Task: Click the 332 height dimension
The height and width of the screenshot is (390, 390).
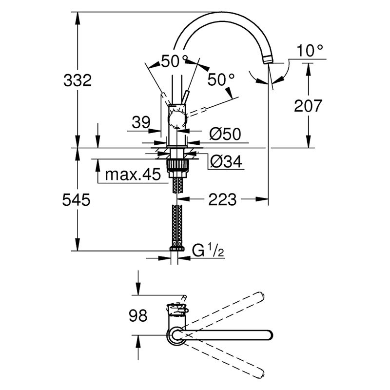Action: click(78, 80)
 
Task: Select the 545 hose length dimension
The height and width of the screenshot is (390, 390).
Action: click(76, 200)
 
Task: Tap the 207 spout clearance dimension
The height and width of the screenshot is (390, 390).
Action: click(308, 106)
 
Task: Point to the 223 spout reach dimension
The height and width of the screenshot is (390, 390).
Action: click(222, 199)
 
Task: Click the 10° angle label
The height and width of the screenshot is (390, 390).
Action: click(310, 51)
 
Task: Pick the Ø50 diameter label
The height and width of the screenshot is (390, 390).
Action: click(225, 135)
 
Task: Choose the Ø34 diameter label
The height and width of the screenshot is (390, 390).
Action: click(226, 162)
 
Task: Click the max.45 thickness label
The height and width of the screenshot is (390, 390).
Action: click(133, 175)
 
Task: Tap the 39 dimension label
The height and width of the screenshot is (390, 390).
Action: click(141, 122)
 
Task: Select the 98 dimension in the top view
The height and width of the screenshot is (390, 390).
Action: click(138, 315)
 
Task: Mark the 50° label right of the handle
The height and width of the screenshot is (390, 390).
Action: click(221, 79)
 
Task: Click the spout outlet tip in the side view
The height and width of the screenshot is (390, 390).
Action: click(268, 59)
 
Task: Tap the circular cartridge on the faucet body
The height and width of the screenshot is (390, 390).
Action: click(177, 119)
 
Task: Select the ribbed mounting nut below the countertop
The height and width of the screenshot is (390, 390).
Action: click(177, 165)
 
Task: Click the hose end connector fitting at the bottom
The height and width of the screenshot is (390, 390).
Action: click(177, 249)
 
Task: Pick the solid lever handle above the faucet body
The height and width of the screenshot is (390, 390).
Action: click(185, 97)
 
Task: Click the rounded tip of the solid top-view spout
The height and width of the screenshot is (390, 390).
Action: click(270, 335)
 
